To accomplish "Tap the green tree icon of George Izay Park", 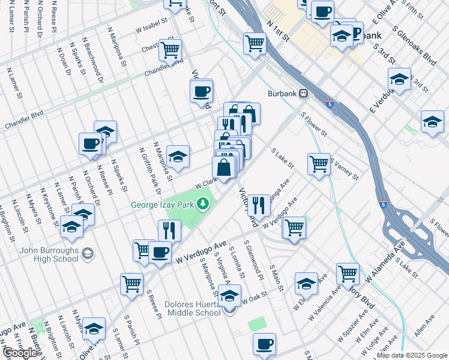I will [204, 205].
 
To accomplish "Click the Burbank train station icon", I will [304, 94].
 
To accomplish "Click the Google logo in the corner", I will [20, 353].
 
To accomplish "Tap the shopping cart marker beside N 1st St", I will [255, 43].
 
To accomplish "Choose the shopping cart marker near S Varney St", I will [319, 163].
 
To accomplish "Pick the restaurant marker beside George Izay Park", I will [169, 230].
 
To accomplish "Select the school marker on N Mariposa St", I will [178, 156].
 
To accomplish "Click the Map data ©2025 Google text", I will [412, 355].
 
